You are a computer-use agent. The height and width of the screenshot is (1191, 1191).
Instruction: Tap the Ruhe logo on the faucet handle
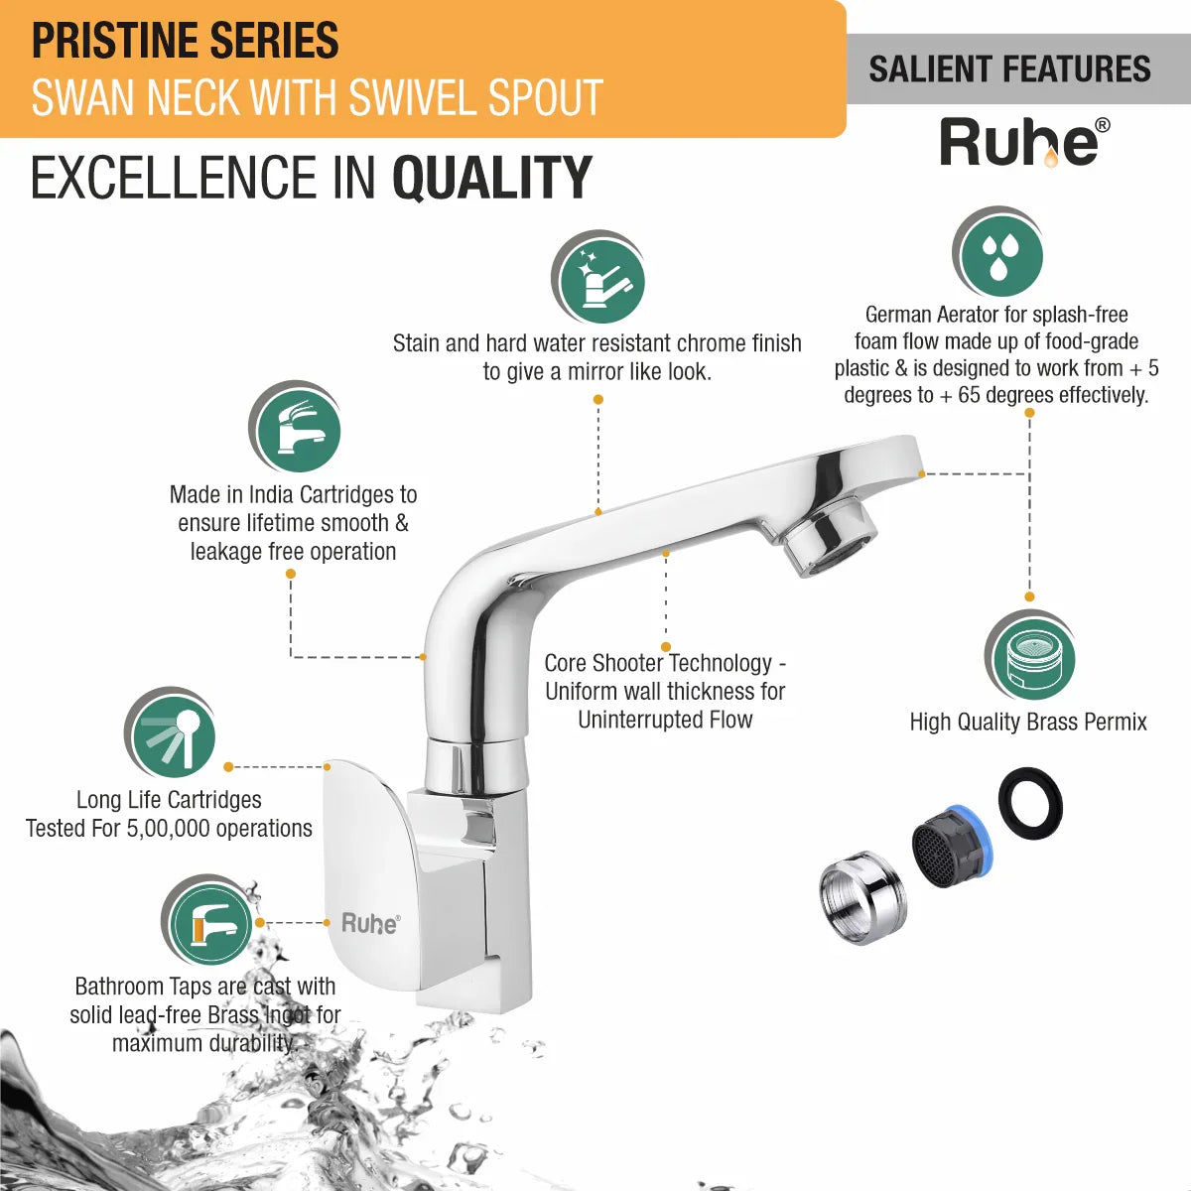[370, 923]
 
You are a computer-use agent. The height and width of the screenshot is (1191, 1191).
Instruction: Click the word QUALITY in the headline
[492, 178]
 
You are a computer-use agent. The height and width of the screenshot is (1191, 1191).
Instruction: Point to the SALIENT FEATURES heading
[1009, 69]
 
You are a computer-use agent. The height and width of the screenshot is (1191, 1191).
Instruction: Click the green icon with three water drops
[997, 253]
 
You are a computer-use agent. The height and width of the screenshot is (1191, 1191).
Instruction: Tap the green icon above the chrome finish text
[598, 278]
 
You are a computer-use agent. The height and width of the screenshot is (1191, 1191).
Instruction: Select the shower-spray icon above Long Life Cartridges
[171, 733]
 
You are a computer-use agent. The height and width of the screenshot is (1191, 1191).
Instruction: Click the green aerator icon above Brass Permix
[1030, 656]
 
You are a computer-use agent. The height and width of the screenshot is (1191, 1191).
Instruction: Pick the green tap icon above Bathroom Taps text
[207, 922]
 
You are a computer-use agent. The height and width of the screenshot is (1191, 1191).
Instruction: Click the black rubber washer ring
[1030, 803]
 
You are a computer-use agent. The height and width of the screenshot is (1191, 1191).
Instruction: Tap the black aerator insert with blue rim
[953, 848]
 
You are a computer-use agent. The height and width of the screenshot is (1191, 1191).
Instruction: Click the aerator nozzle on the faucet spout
[830, 539]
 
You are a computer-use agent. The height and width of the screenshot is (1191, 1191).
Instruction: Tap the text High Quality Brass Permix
[1028, 722]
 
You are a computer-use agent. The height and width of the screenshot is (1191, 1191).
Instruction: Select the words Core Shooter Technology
[658, 663]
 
